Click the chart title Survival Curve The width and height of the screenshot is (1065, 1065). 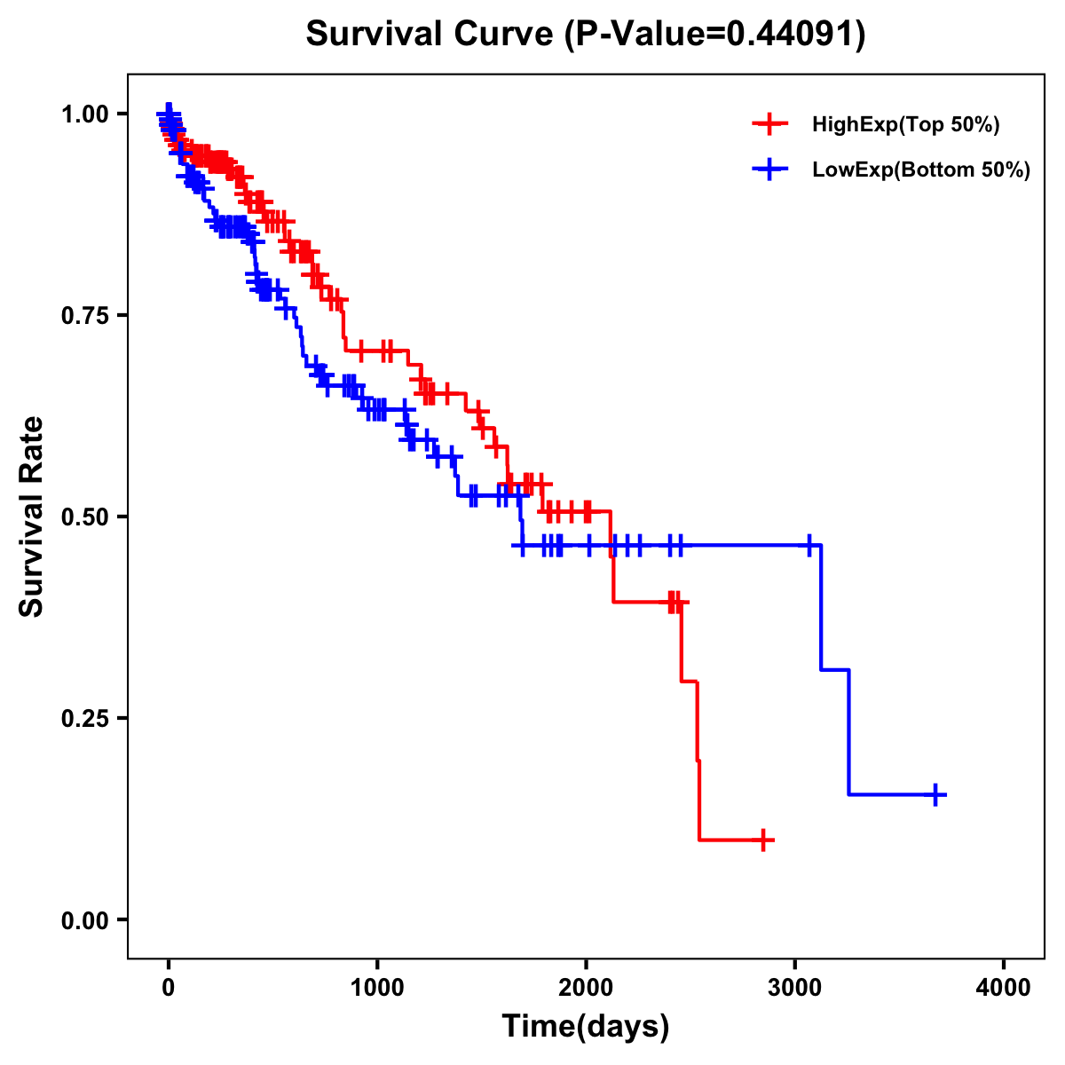coord(430,35)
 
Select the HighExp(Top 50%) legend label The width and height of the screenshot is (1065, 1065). coord(905,125)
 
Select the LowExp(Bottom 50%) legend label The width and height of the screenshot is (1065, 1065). coord(921,170)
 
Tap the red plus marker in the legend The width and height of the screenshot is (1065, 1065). coord(769,125)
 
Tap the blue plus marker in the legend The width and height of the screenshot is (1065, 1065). coord(769,170)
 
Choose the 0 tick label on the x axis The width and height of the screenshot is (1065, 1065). coord(169,989)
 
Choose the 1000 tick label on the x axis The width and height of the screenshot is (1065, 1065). coord(377,989)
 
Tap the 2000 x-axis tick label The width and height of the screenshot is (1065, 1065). coord(586,989)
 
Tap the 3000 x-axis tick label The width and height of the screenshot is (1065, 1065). coord(795,989)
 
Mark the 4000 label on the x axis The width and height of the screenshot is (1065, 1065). coord(1004,989)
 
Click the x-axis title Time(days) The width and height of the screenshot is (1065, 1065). coord(586,1027)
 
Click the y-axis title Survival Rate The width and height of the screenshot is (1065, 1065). coord(32,517)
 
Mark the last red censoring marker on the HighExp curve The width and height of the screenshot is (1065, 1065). coord(762,840)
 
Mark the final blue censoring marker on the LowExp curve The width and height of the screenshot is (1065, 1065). coord(935,794)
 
